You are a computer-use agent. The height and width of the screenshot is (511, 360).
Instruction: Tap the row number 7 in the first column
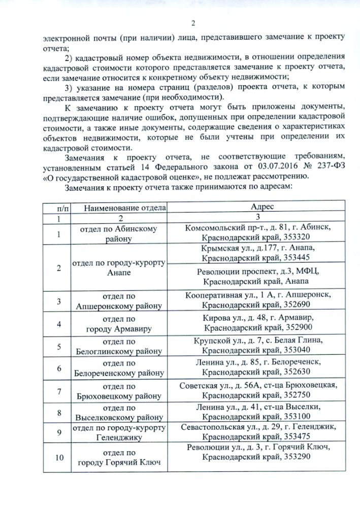coord(59,391)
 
